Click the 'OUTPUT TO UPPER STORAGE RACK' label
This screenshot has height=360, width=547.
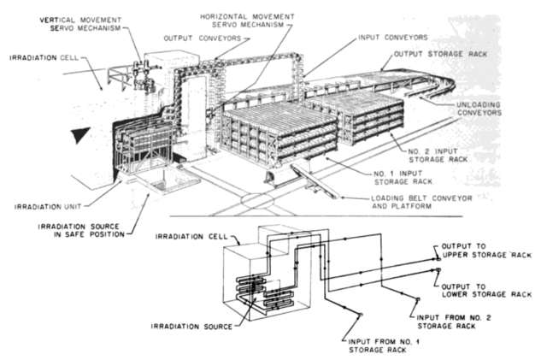point(486,251)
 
